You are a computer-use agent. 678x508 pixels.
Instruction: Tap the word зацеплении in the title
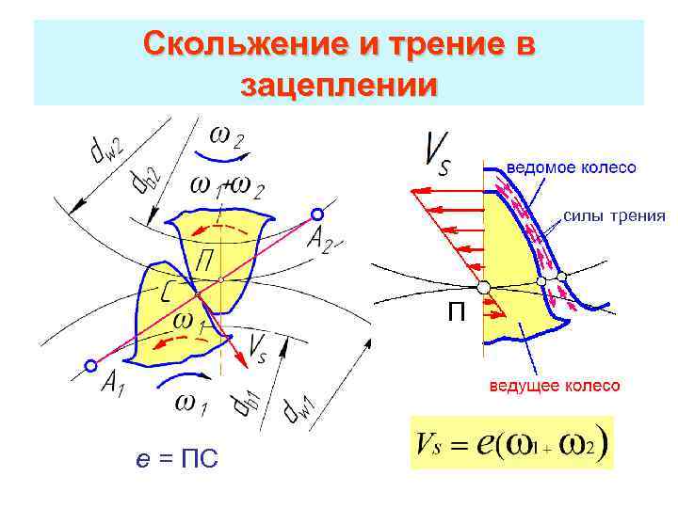(x=339, y=86)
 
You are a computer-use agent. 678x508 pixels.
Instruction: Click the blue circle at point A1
(x=90, y=365)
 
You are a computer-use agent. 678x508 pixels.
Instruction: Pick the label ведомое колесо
(x=572, y=167)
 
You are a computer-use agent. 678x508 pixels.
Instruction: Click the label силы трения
(x=614, y=215)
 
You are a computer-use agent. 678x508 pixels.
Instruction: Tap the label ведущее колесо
(x=553, y=387)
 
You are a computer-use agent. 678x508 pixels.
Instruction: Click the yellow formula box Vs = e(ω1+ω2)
(x=512, y=442)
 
